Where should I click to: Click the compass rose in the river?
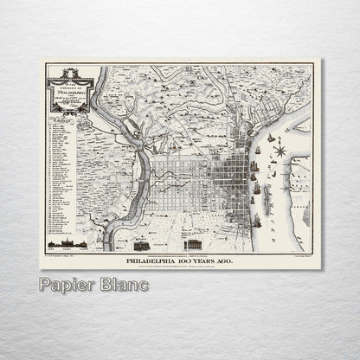(x=280, y=151)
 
